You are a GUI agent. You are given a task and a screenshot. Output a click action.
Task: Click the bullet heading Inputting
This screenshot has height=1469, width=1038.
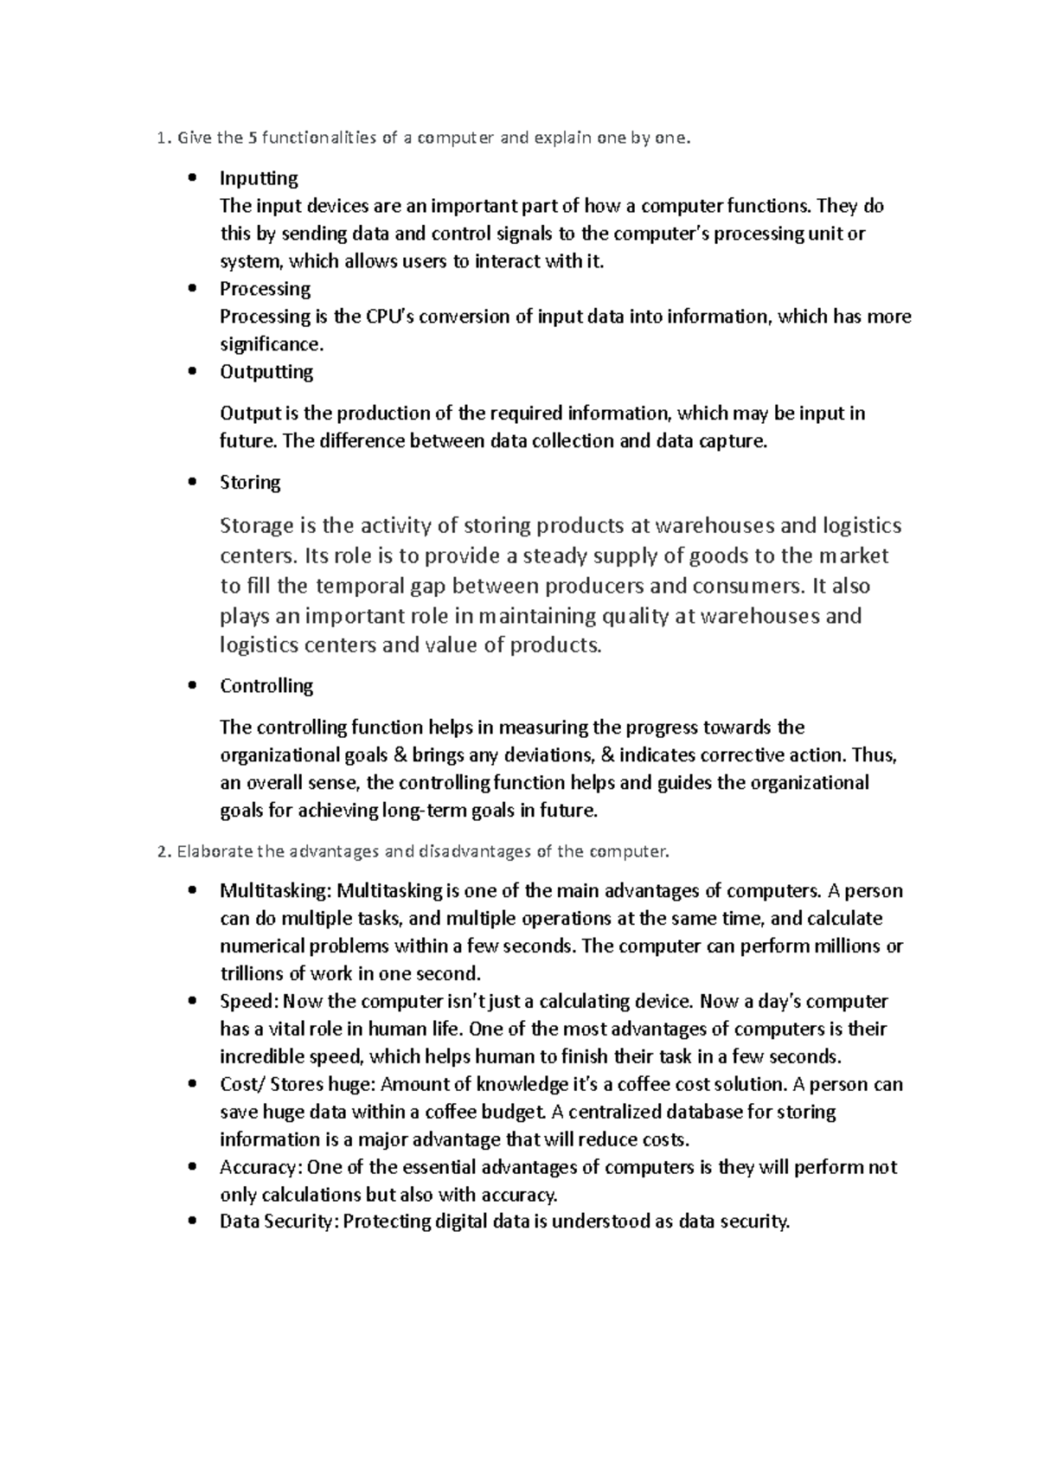click(259, 178)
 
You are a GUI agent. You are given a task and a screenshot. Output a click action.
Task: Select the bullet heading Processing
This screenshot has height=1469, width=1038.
click(265, 289)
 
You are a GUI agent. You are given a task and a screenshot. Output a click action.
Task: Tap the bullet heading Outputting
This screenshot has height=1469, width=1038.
click(266, 372)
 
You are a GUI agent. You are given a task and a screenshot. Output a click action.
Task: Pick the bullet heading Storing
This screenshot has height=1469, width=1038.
click(250, 483)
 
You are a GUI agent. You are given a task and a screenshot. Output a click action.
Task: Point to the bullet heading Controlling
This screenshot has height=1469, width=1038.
click(266, 686)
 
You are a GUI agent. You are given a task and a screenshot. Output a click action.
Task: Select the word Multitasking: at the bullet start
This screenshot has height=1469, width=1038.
click(276, 891)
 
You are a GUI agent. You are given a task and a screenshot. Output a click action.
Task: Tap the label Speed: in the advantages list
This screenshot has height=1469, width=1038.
click(249, 1002)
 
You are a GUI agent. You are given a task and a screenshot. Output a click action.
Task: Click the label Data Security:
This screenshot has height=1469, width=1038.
click(280, 1222)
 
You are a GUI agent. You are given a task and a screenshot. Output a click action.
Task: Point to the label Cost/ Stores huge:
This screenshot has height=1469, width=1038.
click(298, 1085)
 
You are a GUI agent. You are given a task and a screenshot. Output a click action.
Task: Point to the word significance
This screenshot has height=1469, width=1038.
click(270, 344)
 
